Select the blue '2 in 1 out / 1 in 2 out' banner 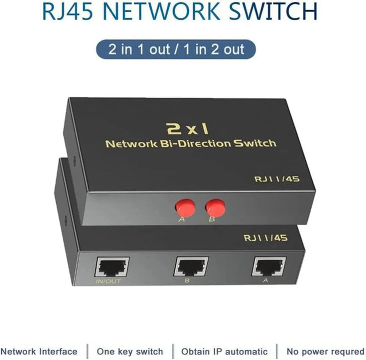point(176,49)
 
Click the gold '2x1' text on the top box point(187,129)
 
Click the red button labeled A point(185,207)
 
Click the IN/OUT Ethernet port point(112,267)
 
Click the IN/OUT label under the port point(108,281)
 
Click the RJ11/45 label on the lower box point(266,238)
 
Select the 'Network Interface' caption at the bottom point(39,351)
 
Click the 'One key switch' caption point(130,351)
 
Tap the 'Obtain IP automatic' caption point(224,351)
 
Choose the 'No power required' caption point(326,351)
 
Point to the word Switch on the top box point(255,143)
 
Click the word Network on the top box point(131,144)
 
